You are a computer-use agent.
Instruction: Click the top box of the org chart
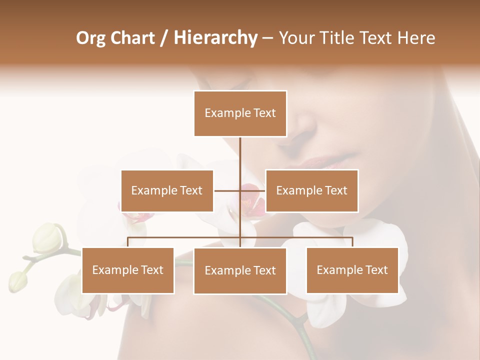240,113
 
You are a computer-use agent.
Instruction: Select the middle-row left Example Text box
167,190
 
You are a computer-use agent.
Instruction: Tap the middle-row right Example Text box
311,190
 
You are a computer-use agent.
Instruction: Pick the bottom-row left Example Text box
128,270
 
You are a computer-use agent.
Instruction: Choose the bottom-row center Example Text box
240,270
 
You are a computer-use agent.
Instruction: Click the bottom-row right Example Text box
352,270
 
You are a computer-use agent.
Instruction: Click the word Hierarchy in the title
215,37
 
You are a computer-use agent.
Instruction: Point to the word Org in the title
91,38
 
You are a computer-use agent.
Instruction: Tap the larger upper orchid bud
47,237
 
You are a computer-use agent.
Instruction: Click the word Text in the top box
264,113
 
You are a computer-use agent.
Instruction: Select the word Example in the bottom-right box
337,270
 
